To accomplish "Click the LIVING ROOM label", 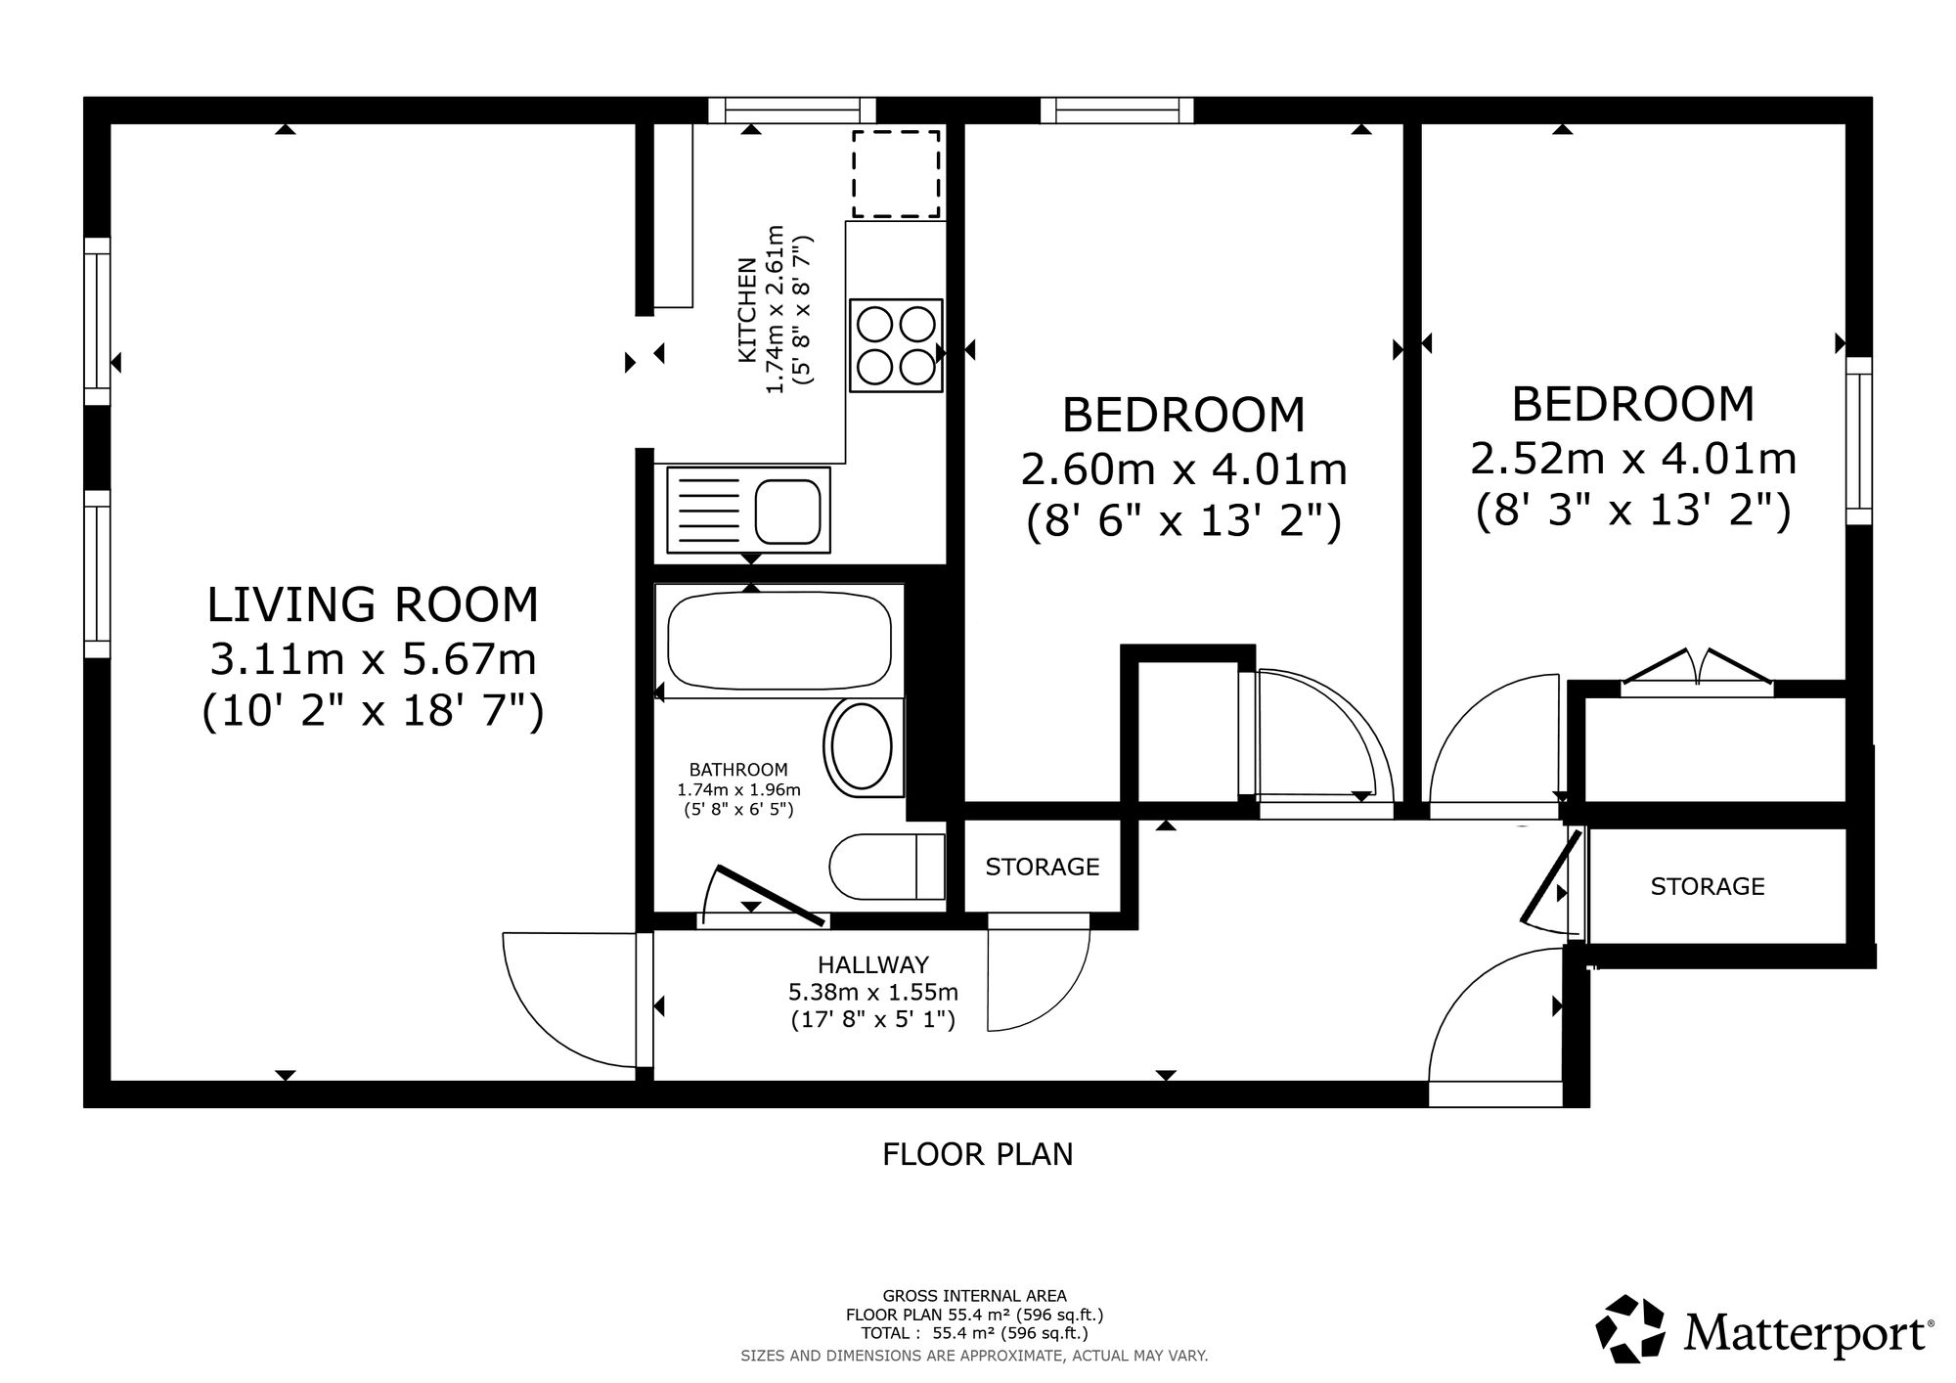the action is click(373, 604).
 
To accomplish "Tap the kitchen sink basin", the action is click(787, 511).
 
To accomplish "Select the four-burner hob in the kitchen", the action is click(896, 346).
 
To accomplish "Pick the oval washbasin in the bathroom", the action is click(859, 748).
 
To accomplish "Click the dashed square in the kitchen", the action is click(896, 174).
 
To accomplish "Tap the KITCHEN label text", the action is click(746, 310).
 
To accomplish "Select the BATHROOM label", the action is click(738, 770).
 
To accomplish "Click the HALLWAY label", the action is click(873, 966).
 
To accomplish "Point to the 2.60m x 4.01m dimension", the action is click(1184, 470).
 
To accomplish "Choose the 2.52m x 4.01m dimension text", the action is click(1633, 459).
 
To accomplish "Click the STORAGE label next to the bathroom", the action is click(1043, 867).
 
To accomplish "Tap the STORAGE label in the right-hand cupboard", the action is click(1708, 886).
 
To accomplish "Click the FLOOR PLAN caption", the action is click(978, 1155).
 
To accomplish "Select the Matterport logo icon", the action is click(1630, 1328).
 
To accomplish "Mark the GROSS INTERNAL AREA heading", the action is click(975, 1297).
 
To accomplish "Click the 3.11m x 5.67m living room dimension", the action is click(374, 659).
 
